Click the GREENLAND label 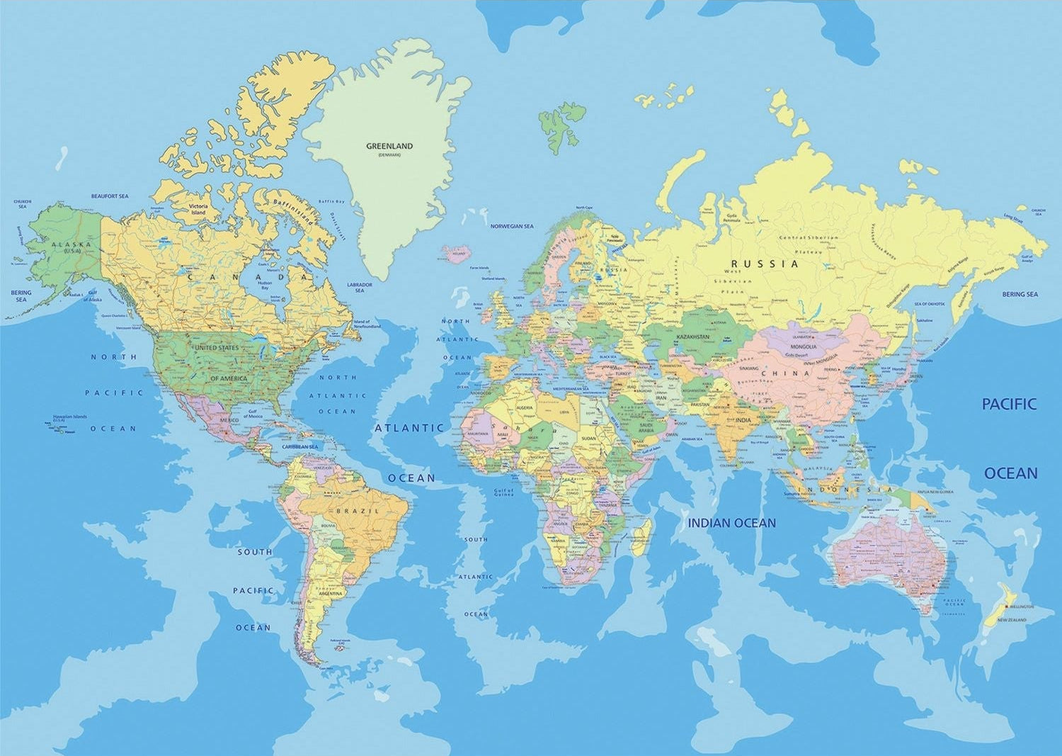pyautogui.click(x=389, y=146)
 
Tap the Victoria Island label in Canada pyautogui.click(x=198, y=210)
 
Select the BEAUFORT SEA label pyautogui.click(x=110, y=196)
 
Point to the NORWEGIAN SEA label pyautogui.click(x=512, y=227)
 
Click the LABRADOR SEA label pyautogui.click(x=360, y=287)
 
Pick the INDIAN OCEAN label pyautogui.click(x=733, y=523)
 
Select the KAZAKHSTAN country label pyautogui.click(x=692, y=336)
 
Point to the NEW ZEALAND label pyautogui.click(x=1011, y=620)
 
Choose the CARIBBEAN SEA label pyautogui.click(x=300, y=447)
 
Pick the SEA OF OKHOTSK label pyautogui.click(x=929, y=303)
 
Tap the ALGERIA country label pyautogui.click(x=526, y=407)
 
